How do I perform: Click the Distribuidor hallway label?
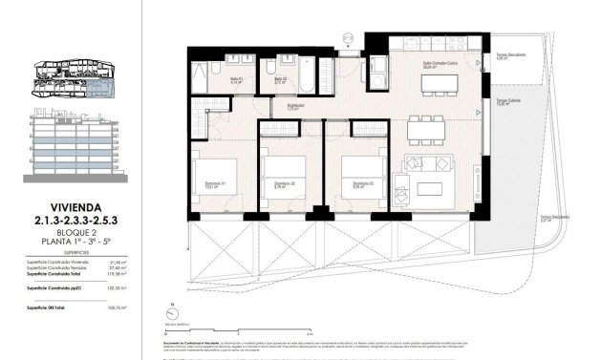pyautogui.click(x=296, y=106)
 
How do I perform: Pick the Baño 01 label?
pyautogui.click(x=236, y=79)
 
